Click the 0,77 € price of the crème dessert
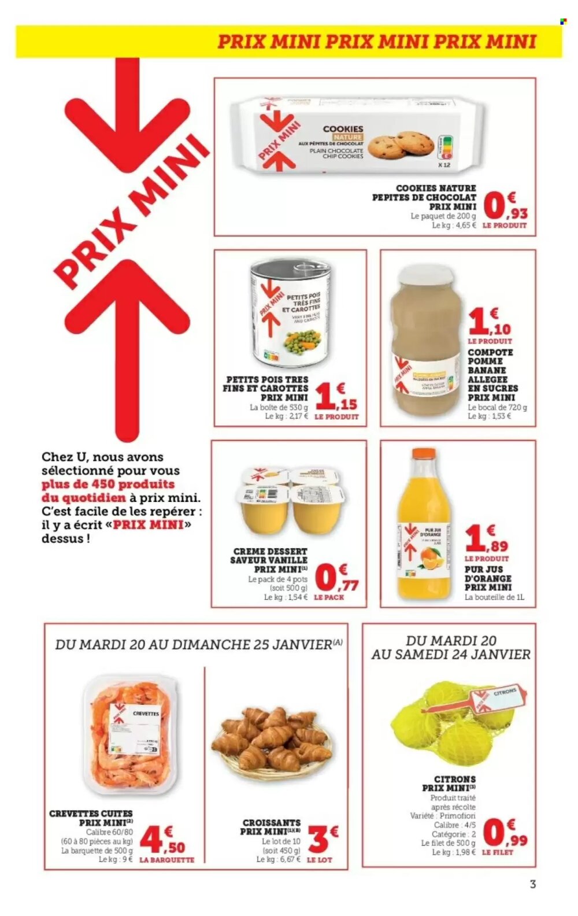338,578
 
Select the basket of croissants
271,745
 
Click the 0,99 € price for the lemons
505,834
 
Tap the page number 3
532,884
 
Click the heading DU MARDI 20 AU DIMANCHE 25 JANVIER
197,644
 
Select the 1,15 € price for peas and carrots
335,398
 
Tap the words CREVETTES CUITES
91,813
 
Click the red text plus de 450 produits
108,484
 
